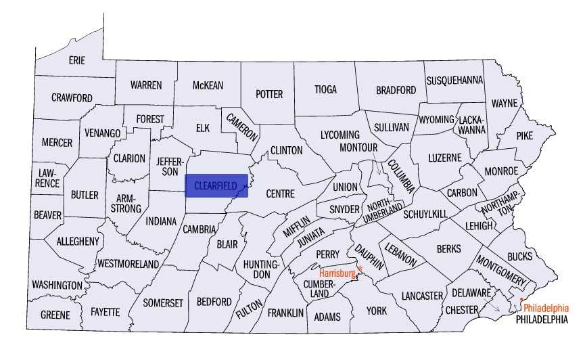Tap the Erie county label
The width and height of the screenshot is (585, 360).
tap(77, 60)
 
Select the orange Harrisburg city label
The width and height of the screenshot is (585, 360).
tap(337, 273)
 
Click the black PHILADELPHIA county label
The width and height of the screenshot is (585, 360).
tap(541, 319)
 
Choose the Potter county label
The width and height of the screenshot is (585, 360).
tap(269, 94)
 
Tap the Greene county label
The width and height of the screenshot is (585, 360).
tap(55, 315)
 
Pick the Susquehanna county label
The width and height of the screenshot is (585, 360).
tap(454, 80)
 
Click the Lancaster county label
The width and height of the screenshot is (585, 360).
tap(421, 296)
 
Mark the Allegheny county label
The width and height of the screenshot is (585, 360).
tap(78, 241)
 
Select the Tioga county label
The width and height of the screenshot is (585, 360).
tap(325, 89)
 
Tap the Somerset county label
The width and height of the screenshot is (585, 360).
tap(162, 302)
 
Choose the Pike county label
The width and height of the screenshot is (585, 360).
tap(524, 135)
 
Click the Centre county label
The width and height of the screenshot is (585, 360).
tap(280, 194)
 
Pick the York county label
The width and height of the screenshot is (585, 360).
tap(376, 311)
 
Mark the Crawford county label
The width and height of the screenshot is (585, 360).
tap(72, 98)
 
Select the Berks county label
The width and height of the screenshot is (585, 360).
tap(448, 249)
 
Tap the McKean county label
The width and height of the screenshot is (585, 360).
tap(208, 85)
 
